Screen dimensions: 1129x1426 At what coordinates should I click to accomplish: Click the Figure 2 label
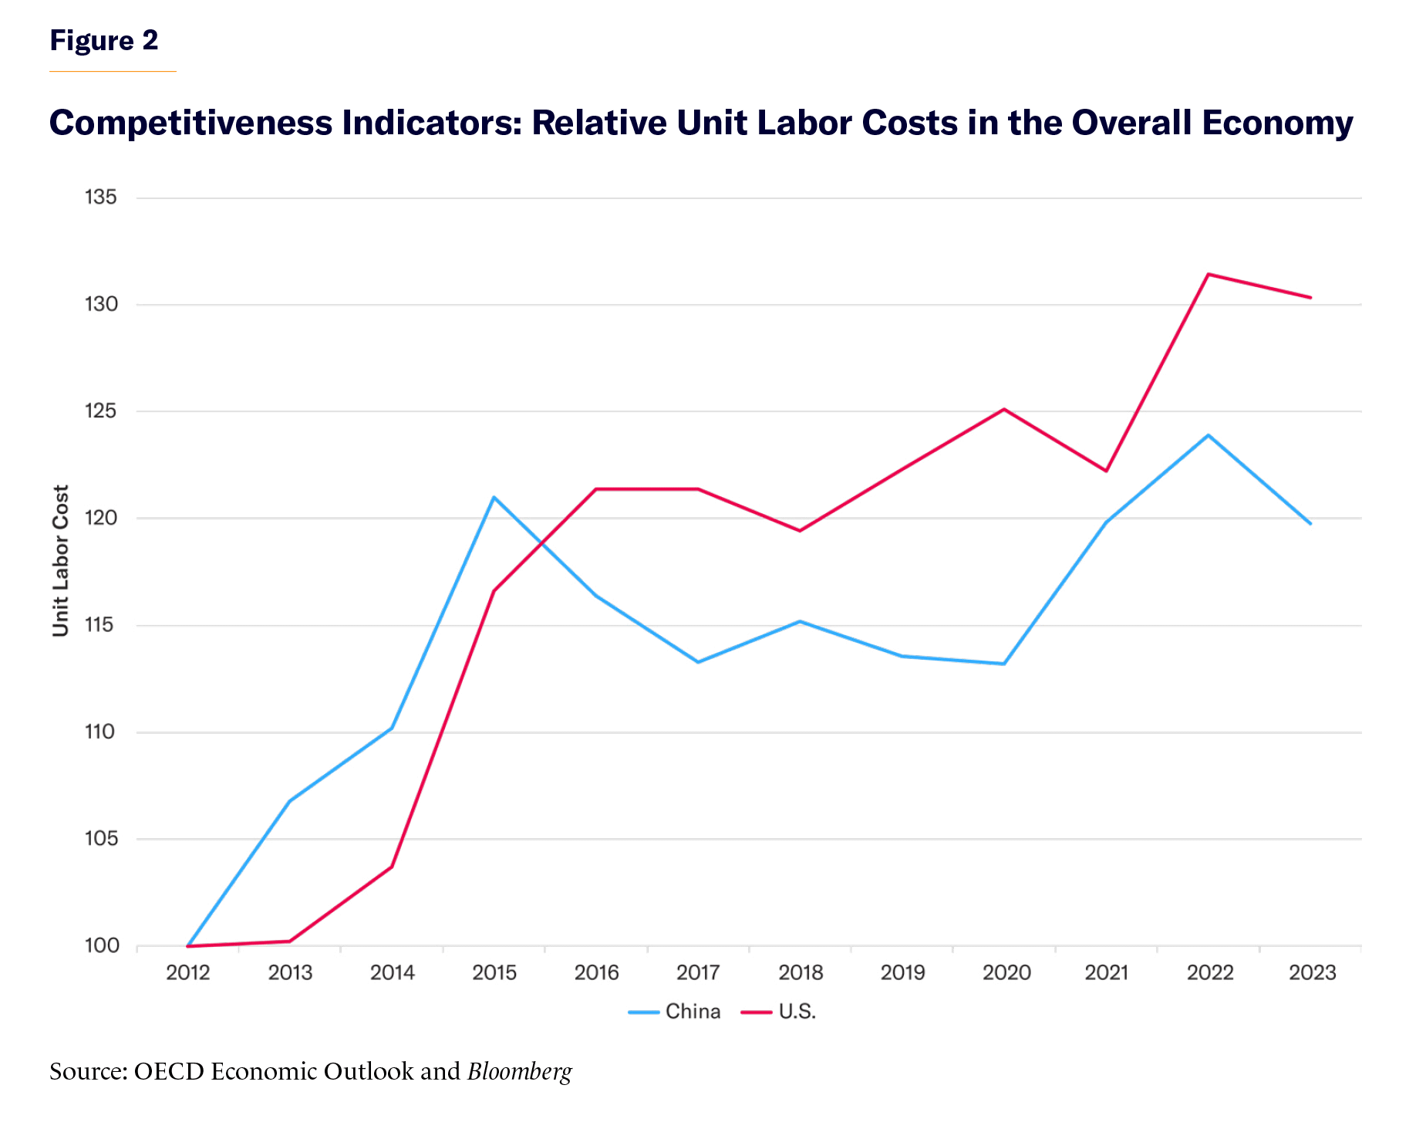[104, 40]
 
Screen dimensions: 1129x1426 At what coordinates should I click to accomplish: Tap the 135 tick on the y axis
[101, 198]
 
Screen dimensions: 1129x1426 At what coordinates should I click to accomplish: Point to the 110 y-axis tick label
[100, 732]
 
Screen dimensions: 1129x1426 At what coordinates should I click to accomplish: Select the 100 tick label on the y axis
[101, 945]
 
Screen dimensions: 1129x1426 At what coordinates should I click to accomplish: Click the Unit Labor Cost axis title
[61, 560]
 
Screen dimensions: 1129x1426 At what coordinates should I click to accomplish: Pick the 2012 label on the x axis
[188, 972]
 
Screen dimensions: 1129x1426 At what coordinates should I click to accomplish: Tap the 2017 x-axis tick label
[698, 972]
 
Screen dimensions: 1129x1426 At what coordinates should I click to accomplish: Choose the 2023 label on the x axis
[1312, 972]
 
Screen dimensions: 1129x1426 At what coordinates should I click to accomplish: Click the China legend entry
[692, 1012]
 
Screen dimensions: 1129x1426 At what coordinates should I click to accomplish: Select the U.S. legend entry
[797, 1012]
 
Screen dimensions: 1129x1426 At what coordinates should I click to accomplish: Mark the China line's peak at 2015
[494, 497]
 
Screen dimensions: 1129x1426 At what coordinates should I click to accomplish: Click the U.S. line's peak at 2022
[1209, 274]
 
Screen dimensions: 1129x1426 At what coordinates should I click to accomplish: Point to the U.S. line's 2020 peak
[1004, 409]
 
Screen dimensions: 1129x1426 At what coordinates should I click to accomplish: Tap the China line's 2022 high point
[1209, 435]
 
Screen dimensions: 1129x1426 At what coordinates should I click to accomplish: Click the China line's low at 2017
[698, 662]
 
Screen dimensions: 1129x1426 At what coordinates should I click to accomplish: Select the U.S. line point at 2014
[392, 867]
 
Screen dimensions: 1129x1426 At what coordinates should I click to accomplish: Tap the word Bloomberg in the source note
[520, 1071]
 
